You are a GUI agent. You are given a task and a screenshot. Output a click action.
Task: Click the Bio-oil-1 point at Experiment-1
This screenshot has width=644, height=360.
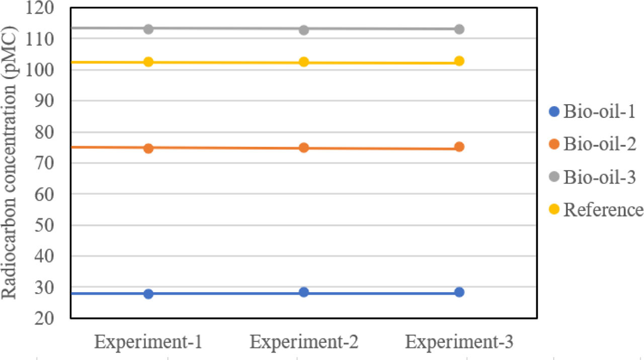(148, 294)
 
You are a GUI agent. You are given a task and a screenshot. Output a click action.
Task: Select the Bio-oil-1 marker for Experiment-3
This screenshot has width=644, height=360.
(459, 292)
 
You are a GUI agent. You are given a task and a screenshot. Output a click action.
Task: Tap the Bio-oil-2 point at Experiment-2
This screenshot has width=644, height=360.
(304, 148)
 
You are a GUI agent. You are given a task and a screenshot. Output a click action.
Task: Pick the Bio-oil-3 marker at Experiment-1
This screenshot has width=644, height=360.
(148, 29)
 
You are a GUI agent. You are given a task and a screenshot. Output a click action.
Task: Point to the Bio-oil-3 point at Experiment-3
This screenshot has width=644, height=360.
(459, 29)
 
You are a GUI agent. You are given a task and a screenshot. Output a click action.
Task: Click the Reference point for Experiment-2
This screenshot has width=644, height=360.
(304, 62)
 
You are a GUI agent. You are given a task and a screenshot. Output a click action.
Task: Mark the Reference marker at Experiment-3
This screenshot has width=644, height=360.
(459, 61)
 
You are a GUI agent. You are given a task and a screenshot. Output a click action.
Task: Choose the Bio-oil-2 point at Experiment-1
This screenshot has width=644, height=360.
(148, 148)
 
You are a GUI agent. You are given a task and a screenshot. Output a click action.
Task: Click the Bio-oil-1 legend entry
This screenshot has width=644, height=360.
(592, 112)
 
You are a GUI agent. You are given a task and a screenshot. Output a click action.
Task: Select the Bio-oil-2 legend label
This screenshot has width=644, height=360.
(600, 144)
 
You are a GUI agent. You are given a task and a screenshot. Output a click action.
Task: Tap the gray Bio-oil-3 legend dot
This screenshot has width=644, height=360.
(554, 176)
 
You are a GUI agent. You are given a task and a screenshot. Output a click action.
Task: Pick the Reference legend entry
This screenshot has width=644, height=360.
(596, 210)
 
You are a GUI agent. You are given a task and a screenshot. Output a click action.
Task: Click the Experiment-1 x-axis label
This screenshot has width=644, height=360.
(148, 342)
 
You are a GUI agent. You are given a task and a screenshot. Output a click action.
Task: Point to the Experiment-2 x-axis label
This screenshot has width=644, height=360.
(304, 342)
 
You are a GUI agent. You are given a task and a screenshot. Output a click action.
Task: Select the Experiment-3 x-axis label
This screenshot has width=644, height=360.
(459, 342)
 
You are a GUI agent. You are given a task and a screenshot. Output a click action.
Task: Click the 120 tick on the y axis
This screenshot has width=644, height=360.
(40, 8)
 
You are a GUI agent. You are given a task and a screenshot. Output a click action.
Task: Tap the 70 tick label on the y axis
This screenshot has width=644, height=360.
(44, 163)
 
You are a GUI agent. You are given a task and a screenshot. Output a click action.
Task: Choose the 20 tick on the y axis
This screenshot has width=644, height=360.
(44, 319)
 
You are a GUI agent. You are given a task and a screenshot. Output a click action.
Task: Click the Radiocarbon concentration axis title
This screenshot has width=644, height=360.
(9, 162)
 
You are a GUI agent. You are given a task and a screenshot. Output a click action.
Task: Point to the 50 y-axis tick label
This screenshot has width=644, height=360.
(44, 226)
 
